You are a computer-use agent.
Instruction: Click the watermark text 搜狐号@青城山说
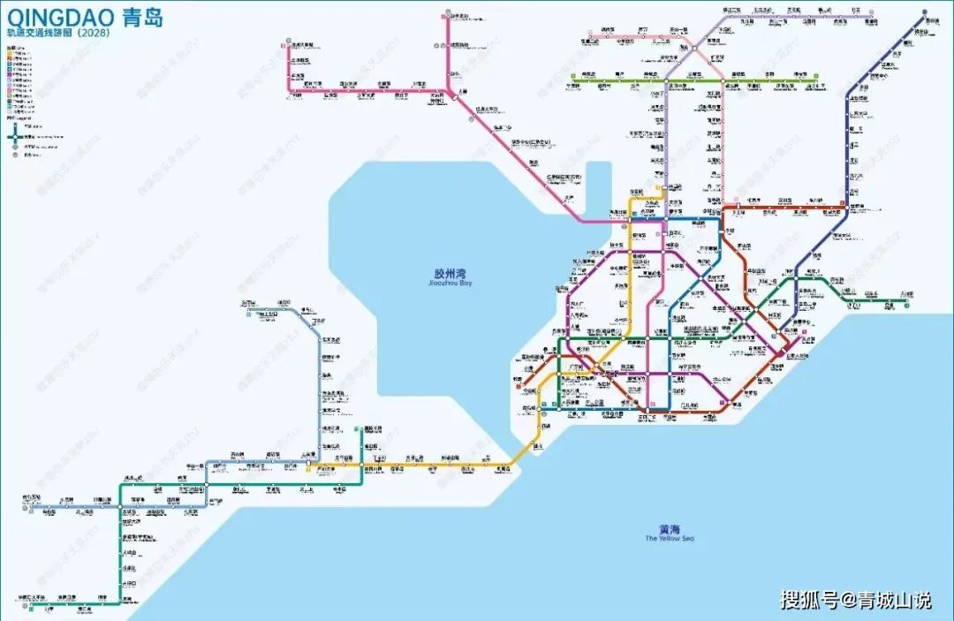pos(855,601)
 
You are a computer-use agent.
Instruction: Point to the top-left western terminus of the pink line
pos(289,41)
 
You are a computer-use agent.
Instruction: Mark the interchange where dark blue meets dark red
pos(845,208)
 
